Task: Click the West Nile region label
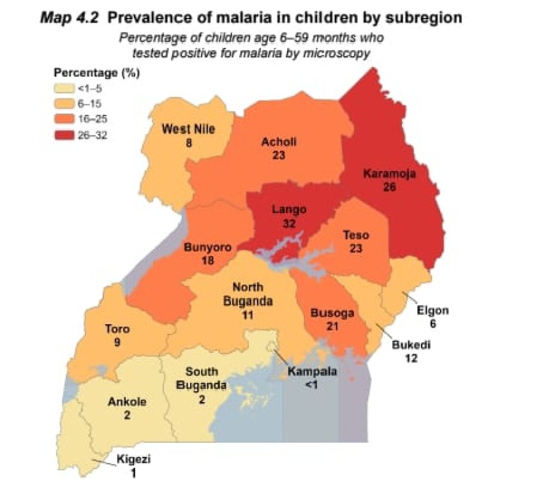188,130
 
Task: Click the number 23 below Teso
355,248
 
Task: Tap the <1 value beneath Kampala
310,384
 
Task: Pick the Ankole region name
127,402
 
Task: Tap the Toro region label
117,329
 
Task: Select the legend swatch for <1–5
64,88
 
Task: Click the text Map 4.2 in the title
67,18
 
